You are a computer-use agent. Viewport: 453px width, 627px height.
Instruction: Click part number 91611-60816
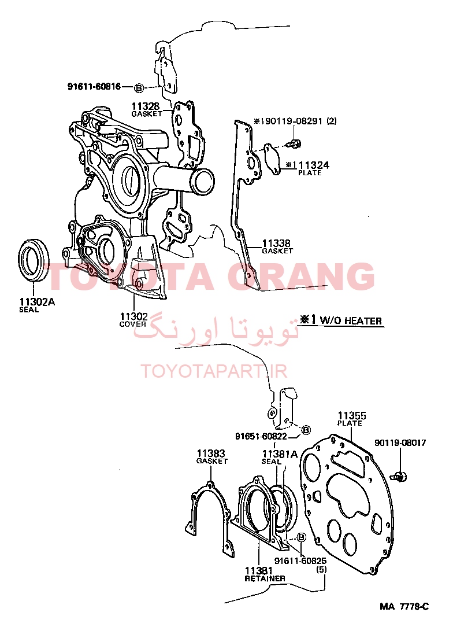click(94, 86)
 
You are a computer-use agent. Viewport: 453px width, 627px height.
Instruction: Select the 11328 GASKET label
click(147, 109)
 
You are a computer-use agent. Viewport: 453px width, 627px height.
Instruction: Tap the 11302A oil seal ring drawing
click(34, 260)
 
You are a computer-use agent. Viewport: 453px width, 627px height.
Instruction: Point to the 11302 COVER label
click(133, 320)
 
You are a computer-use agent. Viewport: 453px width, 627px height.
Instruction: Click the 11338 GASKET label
click(277, 246)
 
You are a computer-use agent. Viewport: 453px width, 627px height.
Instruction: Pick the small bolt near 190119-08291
click(295, 143)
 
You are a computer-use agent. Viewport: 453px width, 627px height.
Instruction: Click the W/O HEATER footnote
click(341, 320)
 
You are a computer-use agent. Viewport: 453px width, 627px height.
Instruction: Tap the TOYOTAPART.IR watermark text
click(214, 371)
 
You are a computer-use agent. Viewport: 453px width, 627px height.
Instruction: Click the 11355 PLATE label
click(351, 419)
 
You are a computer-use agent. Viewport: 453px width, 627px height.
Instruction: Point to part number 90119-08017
click(400, 443)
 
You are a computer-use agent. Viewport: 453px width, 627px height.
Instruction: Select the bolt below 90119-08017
click(399, 476)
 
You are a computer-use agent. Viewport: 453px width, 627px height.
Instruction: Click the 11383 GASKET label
click(211, 456)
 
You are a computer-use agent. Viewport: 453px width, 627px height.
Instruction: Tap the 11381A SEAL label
click(280, 457)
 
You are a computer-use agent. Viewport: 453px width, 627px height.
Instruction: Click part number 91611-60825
click(300, 561)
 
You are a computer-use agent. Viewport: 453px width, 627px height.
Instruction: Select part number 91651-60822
click(261, 436)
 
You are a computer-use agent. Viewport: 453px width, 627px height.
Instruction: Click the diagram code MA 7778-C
click(404, 607)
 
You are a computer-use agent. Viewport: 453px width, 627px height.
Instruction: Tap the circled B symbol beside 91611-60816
click(138, 87)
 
